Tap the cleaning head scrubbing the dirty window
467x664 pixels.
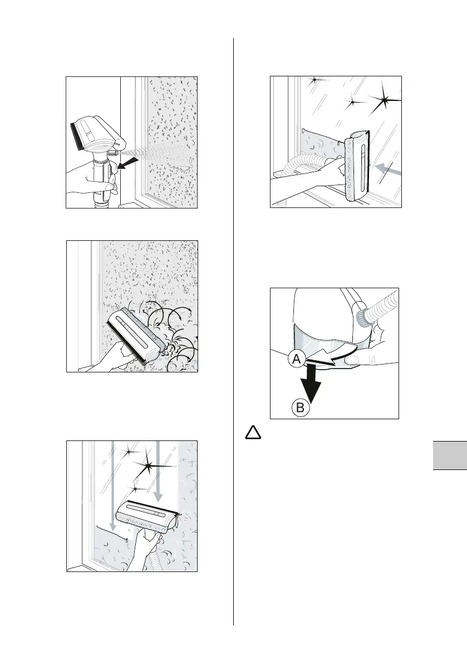click(134, 337)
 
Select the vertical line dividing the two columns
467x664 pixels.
click(233, 335)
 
